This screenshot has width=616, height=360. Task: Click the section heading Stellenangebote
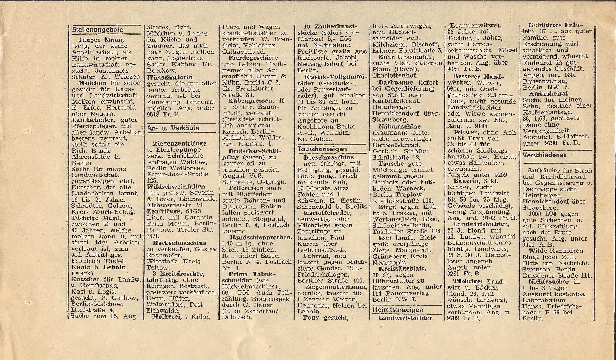click(98, 30)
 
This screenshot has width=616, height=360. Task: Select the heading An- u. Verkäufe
click(173, 128)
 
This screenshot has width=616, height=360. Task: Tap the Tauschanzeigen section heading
click(322, 149)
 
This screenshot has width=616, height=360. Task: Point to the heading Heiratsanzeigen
click(398, 310)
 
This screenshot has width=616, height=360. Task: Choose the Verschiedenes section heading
click(544, 155)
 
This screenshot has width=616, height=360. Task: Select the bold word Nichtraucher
click(548, 281)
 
